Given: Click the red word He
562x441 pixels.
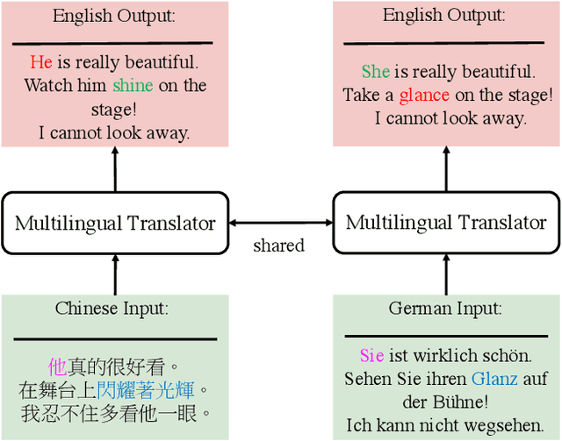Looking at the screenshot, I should click(41, 62).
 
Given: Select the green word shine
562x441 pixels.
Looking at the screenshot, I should click(133, 85).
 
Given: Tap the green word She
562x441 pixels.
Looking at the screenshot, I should click(376, 72).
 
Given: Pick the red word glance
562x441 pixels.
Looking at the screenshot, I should click(424, 95).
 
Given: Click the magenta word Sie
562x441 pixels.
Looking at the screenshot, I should click(371, 356).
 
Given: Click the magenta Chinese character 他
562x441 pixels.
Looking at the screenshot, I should click(58, 366).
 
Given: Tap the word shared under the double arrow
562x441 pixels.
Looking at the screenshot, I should click(278, 245).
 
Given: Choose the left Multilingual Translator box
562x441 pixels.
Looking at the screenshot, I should click(115, 223).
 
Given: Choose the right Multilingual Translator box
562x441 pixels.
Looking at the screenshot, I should click(446, 223).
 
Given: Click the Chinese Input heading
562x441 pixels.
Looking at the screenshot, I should click(112, 309).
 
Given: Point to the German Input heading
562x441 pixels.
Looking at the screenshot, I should click(445, 309).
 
